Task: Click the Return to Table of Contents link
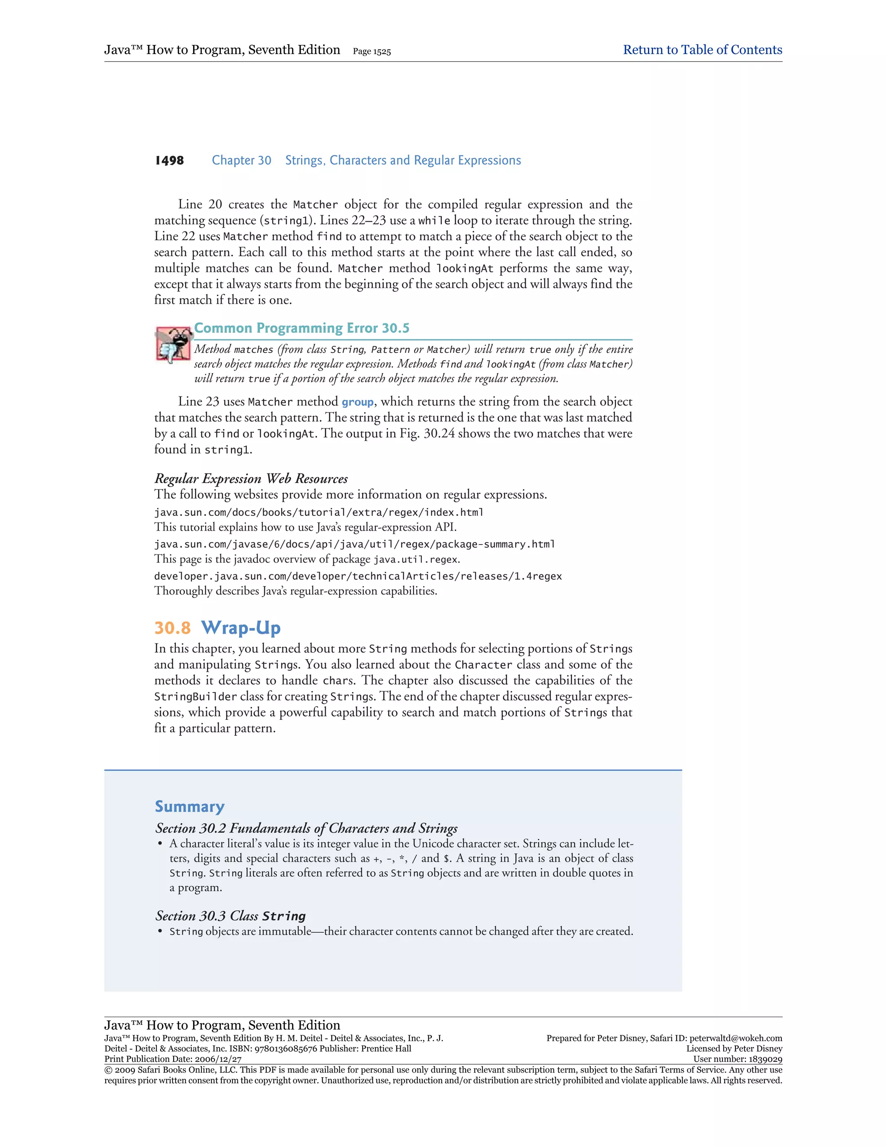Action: [702, 50]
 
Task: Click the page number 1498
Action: [169, 161]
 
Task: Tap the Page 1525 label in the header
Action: [372, 52]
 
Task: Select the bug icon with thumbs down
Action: [172, 344]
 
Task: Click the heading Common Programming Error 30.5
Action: [301, 328]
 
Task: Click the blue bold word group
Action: [357, 402]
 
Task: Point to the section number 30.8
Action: [172, 628]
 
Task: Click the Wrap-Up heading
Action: [241, 628]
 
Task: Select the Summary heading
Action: [190, 807]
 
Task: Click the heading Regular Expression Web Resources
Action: [251, 478]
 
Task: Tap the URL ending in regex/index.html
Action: [318, 512]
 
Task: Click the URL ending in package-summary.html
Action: [354, 545]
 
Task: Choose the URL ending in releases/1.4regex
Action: [358, 577]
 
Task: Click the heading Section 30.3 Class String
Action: [230, 916]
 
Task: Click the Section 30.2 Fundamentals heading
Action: [306, 828]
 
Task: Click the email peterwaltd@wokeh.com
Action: [736, 1038]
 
